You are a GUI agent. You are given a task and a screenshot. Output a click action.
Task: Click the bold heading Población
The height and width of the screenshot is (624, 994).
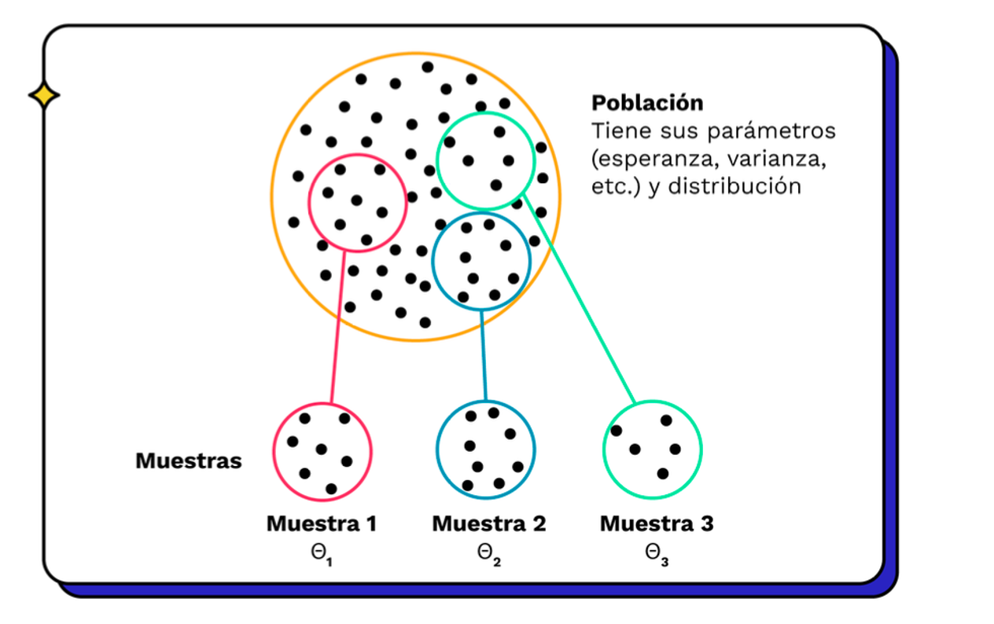pos(646,103)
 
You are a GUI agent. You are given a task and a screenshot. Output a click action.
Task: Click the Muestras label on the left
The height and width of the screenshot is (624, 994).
pos(188,461)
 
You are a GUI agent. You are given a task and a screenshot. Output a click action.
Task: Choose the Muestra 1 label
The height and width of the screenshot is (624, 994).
pos(322,523)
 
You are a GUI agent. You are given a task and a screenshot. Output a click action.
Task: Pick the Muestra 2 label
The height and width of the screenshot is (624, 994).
pos(488,523)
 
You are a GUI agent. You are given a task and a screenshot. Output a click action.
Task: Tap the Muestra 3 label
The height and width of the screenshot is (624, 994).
pos(657,523)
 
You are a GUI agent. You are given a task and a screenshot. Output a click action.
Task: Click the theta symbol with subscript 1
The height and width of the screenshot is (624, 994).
pos(320,553)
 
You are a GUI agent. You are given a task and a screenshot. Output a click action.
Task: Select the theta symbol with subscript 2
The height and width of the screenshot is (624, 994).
pos(487,553)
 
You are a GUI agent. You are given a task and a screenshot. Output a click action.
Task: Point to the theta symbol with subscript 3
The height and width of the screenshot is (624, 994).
pos(655,553)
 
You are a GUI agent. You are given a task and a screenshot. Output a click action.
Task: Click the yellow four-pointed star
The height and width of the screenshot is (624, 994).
pos(44,96)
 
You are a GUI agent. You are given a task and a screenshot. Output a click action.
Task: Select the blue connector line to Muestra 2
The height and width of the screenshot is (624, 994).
pos(484,354)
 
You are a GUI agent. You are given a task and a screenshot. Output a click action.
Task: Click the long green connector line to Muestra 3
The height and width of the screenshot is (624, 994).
pos(582,299)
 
